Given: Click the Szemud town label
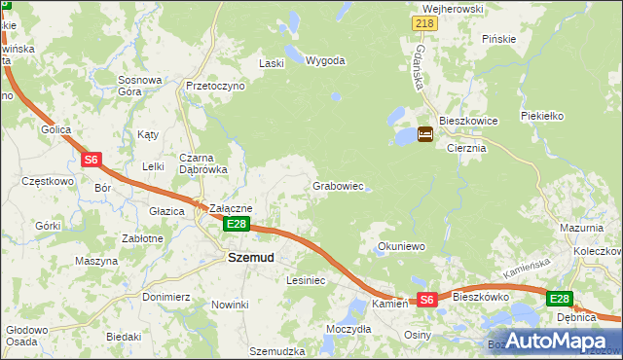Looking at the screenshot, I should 250,258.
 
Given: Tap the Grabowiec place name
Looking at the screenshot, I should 338,186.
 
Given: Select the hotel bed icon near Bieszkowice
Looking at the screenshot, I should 426,135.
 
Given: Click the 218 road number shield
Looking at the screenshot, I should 423,23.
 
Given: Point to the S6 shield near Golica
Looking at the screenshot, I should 91,159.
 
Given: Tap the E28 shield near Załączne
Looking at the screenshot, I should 237,225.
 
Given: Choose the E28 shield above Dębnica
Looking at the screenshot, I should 559,300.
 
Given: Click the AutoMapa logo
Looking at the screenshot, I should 564,340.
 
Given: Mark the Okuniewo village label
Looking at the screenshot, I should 402,247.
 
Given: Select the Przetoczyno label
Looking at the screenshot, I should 215,86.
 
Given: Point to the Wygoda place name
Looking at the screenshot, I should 325,60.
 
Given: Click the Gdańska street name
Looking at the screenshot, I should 420,63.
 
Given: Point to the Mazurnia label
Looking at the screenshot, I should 582,227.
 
